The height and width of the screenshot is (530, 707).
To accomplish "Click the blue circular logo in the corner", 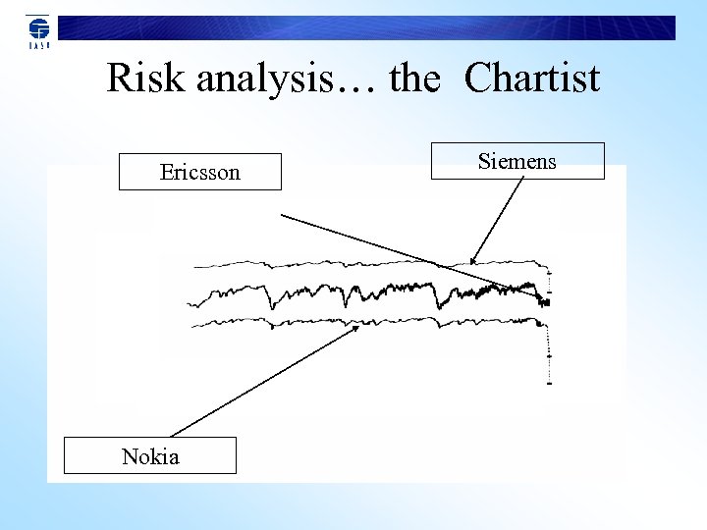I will coord(37,26).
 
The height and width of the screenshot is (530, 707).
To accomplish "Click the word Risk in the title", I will coord(146,79).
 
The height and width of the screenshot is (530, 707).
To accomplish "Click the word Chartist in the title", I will coord(532,79).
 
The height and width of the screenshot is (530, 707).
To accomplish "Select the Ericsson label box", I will coord(200,172).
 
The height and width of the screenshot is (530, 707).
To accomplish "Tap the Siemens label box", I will coord(517,161).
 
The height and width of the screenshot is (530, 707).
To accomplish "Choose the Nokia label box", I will coord(150,455).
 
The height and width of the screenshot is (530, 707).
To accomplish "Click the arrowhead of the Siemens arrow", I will coord(473,260).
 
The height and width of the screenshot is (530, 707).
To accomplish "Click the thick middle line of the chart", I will coord(393,291).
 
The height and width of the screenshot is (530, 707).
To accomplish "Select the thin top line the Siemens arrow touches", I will coord(344,263).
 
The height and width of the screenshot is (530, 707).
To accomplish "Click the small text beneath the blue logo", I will coord(37,45).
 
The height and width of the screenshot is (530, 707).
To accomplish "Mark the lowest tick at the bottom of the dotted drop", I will coord(548,383).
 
